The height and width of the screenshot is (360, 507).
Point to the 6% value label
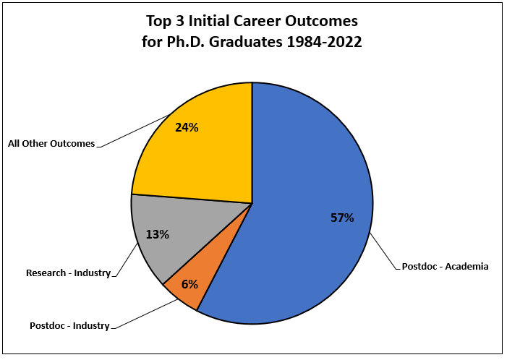coord(189,284)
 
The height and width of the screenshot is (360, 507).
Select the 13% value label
coord(157,234)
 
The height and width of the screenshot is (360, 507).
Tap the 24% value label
coord(187,128)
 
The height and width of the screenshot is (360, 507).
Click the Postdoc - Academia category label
coord(446,267)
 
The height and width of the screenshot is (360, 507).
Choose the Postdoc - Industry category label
coord(69,325)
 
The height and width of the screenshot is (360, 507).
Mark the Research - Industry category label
coord(68,273)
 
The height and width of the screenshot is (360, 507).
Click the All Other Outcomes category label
coord(51,144)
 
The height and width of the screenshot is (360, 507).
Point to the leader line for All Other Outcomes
coord(134,131)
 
